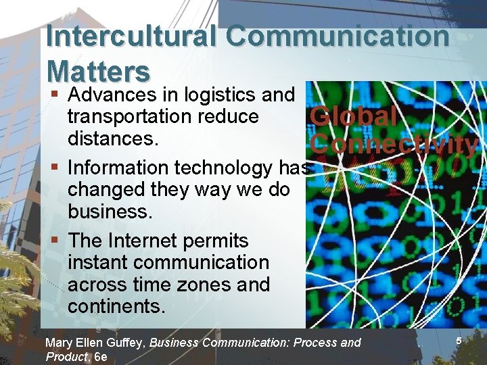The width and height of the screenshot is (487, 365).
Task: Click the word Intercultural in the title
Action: (131, 36)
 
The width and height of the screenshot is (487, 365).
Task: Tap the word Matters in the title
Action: (97, 70)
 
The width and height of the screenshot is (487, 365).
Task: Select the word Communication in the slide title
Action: (338, 36)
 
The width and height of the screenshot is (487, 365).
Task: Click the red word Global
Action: (353, 116)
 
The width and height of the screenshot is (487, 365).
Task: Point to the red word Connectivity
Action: (395, 143)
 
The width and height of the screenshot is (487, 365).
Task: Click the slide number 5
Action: (458, 341)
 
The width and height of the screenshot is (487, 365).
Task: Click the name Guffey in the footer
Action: (126, 343)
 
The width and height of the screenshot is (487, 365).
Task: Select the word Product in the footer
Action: (66, 356)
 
